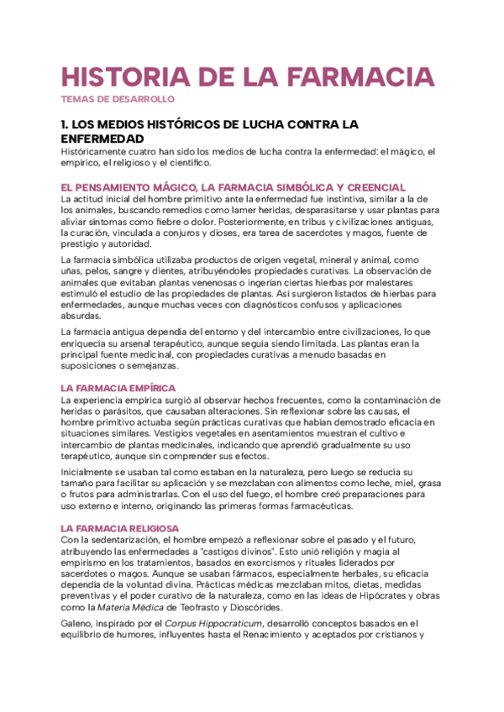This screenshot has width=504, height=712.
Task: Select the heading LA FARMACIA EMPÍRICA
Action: (118, 388)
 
